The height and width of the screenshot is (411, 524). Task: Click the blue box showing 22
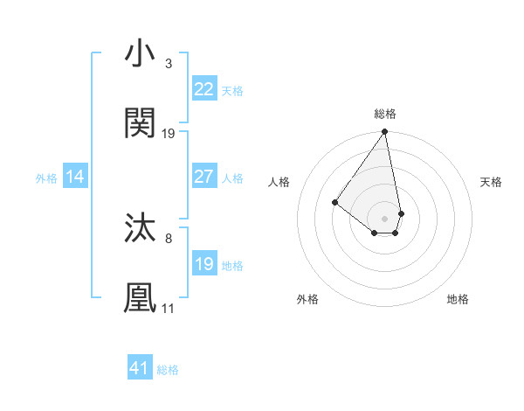click(203, 89)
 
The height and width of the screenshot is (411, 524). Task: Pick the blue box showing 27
click(203, 177)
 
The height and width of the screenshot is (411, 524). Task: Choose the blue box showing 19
click(203, 264)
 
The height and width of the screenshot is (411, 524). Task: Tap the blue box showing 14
click(75, 177)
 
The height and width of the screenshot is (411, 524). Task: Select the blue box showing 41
click(140, 368)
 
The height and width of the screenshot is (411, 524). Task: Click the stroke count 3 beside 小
click(168, 64)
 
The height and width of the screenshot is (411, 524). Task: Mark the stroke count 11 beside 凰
click(168, 308)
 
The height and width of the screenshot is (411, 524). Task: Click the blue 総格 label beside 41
click(168, 370)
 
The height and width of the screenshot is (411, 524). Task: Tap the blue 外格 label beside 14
click(46, 178)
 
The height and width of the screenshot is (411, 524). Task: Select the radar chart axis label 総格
click(385, 114)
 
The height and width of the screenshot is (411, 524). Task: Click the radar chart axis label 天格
click(491, 182)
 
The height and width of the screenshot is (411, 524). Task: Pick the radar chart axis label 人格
click(279, 182)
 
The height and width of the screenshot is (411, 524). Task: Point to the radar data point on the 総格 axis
click(384, 133)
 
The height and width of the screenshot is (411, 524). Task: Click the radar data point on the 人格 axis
click(334, 202)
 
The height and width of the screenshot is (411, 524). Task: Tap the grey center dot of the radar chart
click(384, 218)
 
